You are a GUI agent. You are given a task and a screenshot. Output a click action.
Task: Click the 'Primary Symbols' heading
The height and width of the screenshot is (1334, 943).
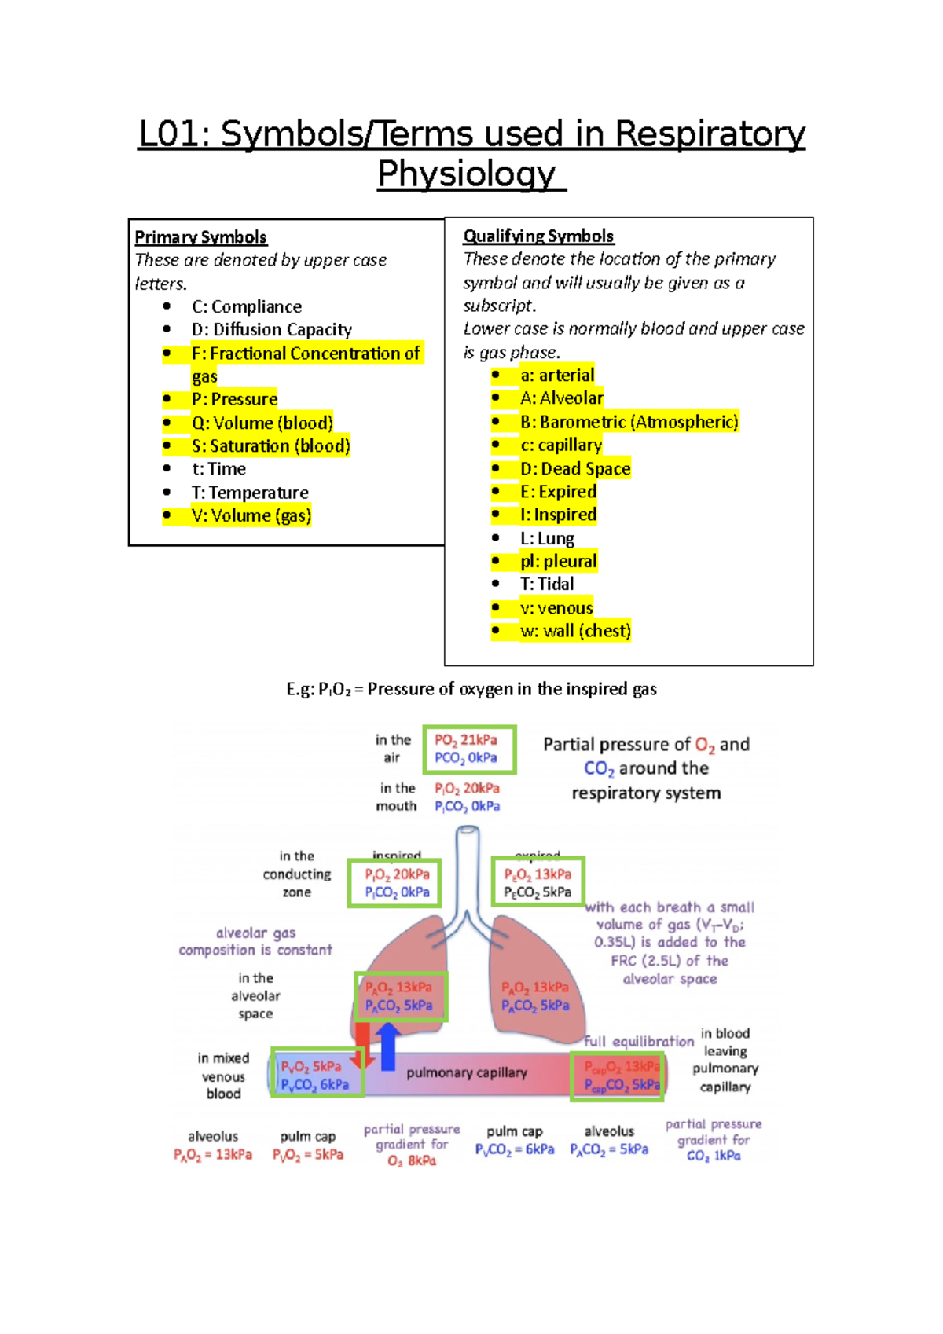pyautogui.click(x=200, y=237)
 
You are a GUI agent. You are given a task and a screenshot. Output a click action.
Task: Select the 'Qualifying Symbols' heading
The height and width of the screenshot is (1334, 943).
pyautogui.click(x=538, y=236)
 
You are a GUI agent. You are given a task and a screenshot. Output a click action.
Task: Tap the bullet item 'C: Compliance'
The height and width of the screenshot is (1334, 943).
pyautogui.click(x=246, y=306)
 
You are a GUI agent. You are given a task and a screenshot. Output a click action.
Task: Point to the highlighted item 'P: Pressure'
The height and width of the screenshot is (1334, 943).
pyautogui.click(x=234, y=399)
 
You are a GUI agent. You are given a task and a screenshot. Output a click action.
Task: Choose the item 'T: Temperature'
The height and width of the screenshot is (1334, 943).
pyautogui.click(x=250, y=493)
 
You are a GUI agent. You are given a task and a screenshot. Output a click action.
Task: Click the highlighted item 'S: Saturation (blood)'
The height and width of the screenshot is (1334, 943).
pyautogui.click(x=270, y=445)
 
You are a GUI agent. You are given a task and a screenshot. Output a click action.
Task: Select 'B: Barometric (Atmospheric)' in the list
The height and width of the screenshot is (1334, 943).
pyautogui.click(x=629, y=422)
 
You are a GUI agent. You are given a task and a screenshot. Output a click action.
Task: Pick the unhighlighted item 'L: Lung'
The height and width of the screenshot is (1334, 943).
pyautogui.click(x=547, y=538)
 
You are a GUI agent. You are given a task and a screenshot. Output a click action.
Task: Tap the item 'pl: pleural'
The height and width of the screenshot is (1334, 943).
pyautogui.click(x=558, y=561)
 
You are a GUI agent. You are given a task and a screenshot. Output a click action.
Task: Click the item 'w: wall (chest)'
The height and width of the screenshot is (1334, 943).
pyautogui.click(x=575, y=631)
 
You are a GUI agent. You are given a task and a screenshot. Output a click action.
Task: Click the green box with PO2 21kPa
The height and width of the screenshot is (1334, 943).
pyautogui.click(x=469, y=749)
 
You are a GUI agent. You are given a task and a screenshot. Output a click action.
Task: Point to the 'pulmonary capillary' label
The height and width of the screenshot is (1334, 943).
pyautogui.click(x=466, y=1073)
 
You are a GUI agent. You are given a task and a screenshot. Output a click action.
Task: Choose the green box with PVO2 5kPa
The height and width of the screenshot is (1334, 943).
pyautogui.click(x=317, y=1075)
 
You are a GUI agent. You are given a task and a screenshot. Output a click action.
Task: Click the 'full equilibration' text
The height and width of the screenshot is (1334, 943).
pyautogui.click(x=638, y=1042)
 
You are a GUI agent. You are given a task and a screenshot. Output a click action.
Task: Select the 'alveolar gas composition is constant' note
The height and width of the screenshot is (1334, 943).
pyautogui.click(x=255, y=941)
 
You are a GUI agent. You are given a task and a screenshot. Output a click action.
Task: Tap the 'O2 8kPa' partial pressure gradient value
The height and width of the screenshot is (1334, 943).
pyautogui.click(x=412, y=1161)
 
